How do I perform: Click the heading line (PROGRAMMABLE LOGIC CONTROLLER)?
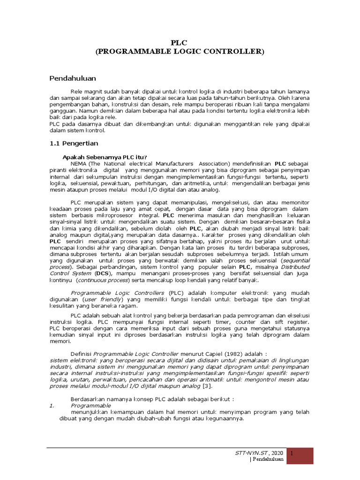coord(180,51)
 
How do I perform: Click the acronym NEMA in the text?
coord(79,163)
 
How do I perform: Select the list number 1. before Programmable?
coord(52,405)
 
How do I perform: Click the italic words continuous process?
coord(103,280)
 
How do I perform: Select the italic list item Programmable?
coord(90,405)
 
